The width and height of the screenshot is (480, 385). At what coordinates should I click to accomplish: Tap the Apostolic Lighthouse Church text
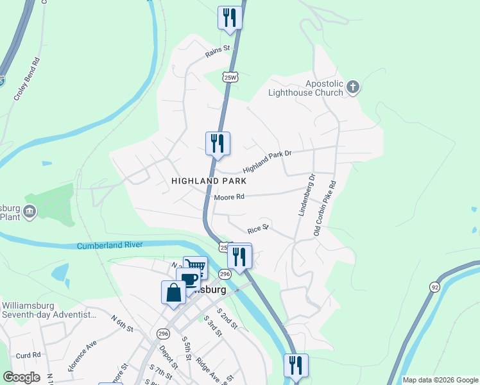tap(306, 88)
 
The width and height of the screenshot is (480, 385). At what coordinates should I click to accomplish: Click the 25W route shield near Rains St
tap(230, 77)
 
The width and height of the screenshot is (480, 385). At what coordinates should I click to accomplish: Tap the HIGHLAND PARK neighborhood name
tap(209, 182)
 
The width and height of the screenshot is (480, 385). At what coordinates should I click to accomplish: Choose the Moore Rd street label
tap(230, 197)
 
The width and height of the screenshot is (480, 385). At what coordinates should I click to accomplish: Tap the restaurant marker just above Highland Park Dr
tap(218, 143)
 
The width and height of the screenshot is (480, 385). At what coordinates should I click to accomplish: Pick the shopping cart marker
tap(195, 267)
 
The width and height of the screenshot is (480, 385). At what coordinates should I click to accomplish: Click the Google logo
tap(21, 377)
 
